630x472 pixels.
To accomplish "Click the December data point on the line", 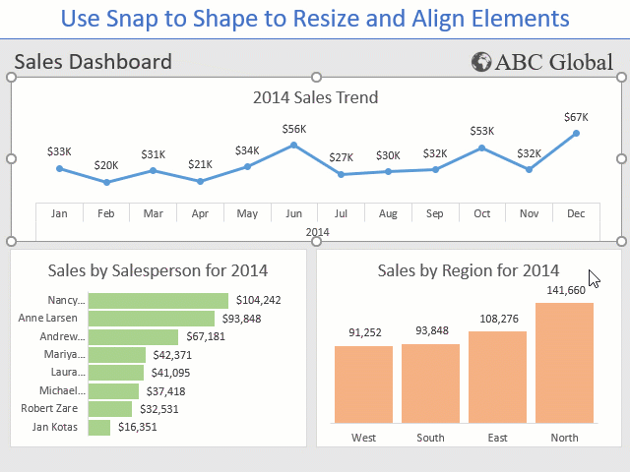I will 576,133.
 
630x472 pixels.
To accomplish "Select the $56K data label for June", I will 294,129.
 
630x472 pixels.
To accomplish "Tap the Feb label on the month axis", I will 106,213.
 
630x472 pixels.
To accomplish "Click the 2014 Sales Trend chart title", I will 315,97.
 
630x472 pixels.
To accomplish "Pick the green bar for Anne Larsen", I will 151,319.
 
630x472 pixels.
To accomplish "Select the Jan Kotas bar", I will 99,428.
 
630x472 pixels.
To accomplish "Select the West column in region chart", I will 363,383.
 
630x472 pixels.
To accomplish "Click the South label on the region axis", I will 430,438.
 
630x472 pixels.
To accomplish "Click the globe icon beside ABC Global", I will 481,63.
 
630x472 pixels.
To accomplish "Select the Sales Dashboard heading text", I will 94,63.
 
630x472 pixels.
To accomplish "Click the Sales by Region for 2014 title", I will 469,270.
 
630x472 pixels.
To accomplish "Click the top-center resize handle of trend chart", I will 317,77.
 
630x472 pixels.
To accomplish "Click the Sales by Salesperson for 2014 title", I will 157,270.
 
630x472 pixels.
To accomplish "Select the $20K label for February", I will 106,165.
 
